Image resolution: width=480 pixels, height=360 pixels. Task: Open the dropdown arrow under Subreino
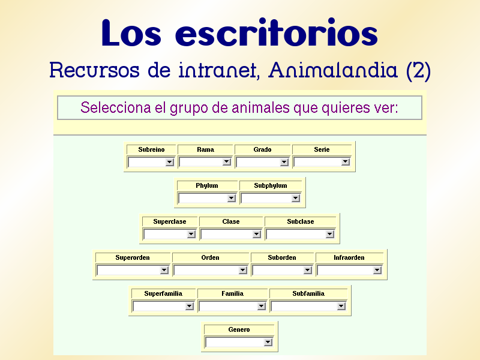(x=170, y=162)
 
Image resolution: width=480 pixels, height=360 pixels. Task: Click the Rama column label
(x=205, y=149)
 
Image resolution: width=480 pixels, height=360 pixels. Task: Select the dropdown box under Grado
(x=258, y=162)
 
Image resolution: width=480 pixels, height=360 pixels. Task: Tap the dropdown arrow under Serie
(x=346, y=162)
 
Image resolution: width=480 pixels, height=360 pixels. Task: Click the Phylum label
(x=207, y=186)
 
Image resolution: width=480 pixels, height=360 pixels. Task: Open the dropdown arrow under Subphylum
(x=295, y=198)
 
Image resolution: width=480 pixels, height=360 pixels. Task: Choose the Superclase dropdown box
(x=165, y=234)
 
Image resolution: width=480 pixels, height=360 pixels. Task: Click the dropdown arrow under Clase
(x=257, y=234)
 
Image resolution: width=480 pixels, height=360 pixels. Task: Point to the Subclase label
(x=301, y=221)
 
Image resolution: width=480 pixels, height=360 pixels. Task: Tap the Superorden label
(x=133, y=257)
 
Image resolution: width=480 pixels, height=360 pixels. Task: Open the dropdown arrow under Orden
(x=243, y=270)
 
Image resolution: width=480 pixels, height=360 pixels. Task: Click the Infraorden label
(x=349, y=257)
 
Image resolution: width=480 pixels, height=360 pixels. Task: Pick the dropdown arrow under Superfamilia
(x=190, y=306)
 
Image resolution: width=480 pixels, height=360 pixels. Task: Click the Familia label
(x=232, y=293)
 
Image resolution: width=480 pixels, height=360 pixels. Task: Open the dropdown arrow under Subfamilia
(x=341, y=306)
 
